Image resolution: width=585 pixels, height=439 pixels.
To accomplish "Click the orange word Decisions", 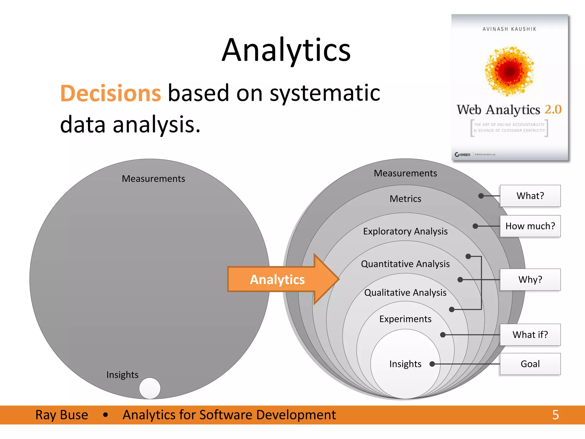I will click(x=111, y=93).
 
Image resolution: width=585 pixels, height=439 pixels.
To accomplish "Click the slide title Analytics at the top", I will click(x=286, y=50).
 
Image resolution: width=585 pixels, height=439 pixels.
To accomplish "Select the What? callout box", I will click(x=530, y=196).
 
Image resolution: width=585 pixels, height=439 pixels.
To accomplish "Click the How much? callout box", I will click(x=530, y=226).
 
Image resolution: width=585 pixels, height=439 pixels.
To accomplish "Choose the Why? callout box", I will click(x=530, y=279).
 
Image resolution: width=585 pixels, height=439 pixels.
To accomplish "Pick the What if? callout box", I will click(x=530, y=334).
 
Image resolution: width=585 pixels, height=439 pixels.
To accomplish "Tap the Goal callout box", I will click(x=530, y=364).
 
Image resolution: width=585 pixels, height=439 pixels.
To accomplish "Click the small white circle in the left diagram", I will click(x=150, y=388).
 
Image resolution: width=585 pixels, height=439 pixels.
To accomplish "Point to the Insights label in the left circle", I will click(x=122, y=374).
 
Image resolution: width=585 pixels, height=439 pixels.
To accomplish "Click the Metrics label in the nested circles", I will click(x=405, y=199).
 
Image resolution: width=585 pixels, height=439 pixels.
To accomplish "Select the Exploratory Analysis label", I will click(x=405, y=231).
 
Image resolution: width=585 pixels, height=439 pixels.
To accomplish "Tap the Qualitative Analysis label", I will click(x=405, y=292).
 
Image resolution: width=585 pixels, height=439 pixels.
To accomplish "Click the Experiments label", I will click(x=405, y=319).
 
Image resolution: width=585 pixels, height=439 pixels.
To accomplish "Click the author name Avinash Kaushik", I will click(x=509, y=29).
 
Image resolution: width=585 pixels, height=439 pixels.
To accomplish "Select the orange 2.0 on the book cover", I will click(x=553, y=109).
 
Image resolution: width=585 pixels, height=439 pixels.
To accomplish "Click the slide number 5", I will click(x=555, y=415).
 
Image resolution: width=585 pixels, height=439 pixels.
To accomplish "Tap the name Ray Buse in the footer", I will click(x=62, y=415).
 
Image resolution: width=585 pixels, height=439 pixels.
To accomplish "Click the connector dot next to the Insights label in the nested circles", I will click(x=432, y=364).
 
